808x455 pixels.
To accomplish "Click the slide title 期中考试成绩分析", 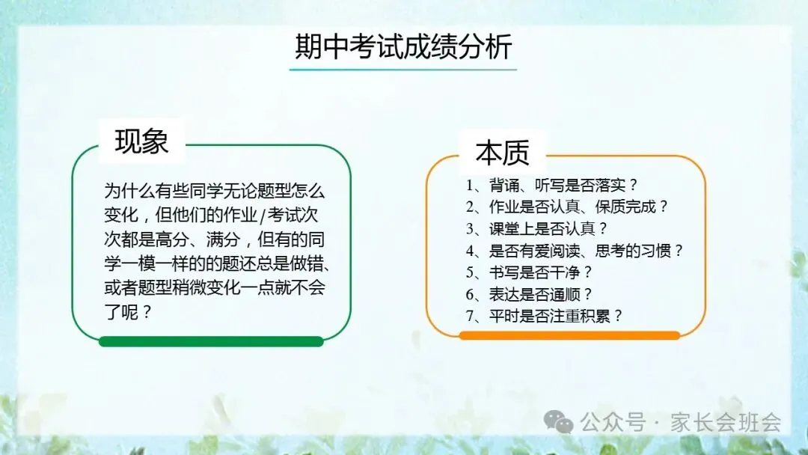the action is coord(403,47).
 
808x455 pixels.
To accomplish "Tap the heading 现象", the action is coord(141,141).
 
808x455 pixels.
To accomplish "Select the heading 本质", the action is coord(503,152).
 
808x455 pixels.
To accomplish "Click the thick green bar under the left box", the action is coord(211,341).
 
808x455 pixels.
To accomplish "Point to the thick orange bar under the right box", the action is coord(569,335).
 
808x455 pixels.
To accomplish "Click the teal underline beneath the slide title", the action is coord(403,69).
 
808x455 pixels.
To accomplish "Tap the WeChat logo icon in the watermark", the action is coord(559,422).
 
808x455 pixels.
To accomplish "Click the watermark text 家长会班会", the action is coord(726,423).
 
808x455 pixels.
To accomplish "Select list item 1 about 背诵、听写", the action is coord(552,185).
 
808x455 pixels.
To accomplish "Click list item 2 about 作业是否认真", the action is coord(567,207).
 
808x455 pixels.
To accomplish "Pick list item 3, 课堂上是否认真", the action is coord(537,228).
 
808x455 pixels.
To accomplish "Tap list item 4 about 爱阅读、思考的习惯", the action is coord(575,251).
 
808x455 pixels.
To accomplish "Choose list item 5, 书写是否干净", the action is coord(529,272).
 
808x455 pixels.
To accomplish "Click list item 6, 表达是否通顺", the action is coord(529,294).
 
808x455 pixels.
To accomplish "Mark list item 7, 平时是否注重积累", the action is coord(545,316).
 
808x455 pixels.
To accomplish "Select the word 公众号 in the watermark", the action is coord(613,423).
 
